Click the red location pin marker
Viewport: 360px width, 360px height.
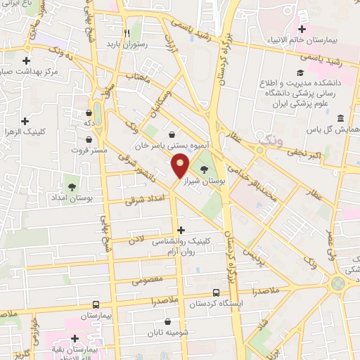tap(181, 166)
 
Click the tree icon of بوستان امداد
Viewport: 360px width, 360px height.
tap(71, 186)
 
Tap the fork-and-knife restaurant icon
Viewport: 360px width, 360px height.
tap(127, 32)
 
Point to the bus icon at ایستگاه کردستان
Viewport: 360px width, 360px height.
tap(216, 294)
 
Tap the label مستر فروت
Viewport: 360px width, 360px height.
tap(89, 150)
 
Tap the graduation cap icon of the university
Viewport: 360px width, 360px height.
tap(300, 73)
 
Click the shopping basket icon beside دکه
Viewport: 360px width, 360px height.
tap(89, 112)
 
